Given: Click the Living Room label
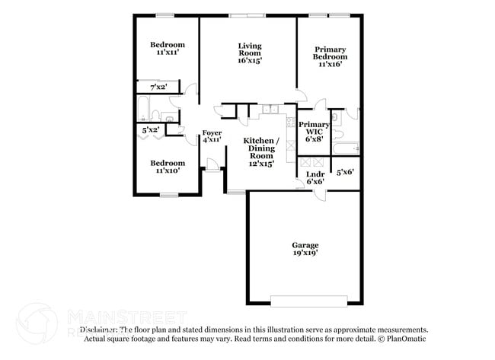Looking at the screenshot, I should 249,53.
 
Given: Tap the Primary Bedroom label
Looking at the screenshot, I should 331,56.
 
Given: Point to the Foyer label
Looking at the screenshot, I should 212,136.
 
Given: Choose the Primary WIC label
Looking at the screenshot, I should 314,131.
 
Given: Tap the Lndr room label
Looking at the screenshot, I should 315,177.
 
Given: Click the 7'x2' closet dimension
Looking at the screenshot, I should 158,88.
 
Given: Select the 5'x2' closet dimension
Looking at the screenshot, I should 151,130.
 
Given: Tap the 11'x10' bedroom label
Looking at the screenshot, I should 167,167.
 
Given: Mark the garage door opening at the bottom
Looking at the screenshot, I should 309,301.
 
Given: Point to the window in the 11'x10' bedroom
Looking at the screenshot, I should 168,196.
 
